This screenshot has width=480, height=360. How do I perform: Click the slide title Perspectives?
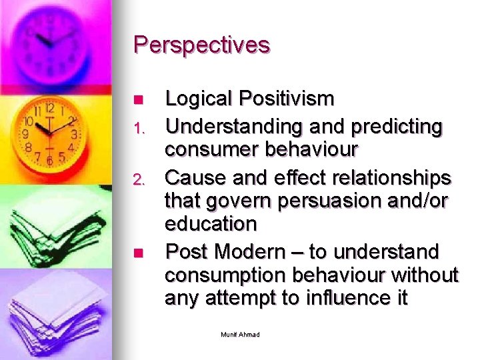pos(201,45)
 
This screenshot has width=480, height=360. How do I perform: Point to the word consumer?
pos(211,150)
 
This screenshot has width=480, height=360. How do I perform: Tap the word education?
pos(211,223)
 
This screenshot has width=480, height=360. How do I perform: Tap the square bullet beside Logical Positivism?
pos(138,100)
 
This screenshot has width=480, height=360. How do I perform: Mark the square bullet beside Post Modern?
pos(138,253)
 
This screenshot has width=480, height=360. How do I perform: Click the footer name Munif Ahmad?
pos(240,334)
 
